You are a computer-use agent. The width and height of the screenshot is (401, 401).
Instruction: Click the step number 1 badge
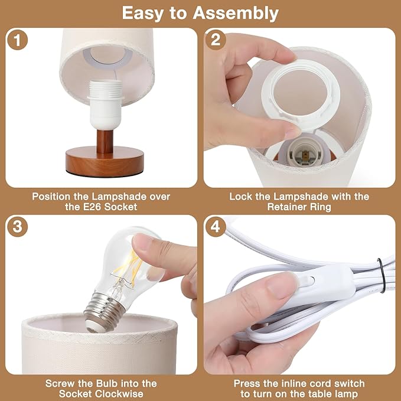[17, 40]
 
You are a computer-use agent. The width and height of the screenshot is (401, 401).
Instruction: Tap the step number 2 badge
[216, 40]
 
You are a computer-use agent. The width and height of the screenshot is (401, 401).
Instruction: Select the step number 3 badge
[17, 227]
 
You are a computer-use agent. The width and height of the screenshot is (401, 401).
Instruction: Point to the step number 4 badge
[216, 227]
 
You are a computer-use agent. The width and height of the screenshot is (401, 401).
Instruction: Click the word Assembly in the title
[236, 14]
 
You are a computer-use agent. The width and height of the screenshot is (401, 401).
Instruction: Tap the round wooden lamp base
[105, 162]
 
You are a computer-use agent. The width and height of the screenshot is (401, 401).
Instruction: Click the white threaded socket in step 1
[105, 105]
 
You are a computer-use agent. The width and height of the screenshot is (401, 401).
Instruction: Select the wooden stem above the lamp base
[105, 141]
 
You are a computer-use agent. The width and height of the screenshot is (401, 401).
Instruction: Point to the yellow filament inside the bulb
[128, 269]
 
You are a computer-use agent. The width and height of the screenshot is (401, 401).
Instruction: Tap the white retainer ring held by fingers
[301, 95]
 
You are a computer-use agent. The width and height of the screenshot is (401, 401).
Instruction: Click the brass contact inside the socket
[305, 155]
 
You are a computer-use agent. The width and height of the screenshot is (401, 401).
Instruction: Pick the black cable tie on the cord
[382, 275]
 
